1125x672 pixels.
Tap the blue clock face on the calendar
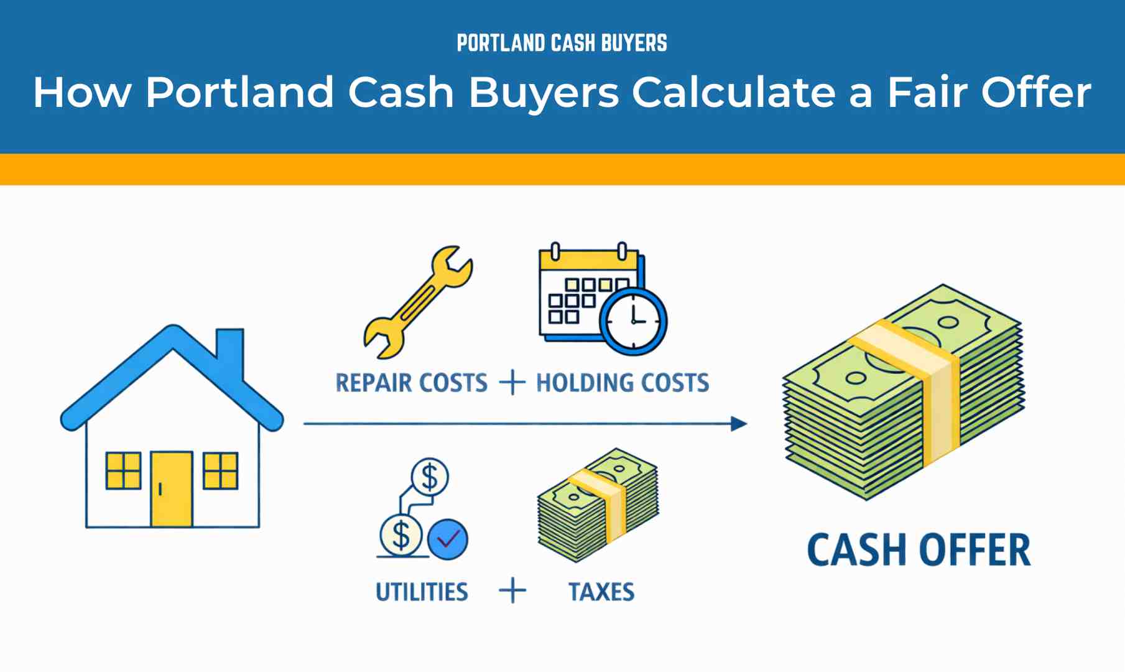click(634, 322)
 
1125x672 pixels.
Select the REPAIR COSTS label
click(411, 383)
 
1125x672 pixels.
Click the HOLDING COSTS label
click(623, 383)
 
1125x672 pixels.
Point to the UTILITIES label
click(422, 592)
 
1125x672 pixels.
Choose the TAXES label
click(601, 592)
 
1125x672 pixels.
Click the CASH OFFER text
click(919, 550)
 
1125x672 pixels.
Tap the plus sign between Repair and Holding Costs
click(512, 382)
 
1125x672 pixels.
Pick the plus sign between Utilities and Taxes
click(512, 590)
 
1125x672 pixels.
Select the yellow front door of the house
click(172, 489)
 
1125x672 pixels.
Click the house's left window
click(123, 470)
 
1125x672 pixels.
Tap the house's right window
click(221, 470)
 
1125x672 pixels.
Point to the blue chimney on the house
click(230, 352)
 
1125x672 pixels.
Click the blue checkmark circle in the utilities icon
click(448, 539)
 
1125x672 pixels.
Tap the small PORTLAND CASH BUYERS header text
click(562, 43)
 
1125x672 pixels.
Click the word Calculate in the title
click(734, 92)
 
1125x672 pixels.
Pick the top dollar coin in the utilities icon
click(430, 477)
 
